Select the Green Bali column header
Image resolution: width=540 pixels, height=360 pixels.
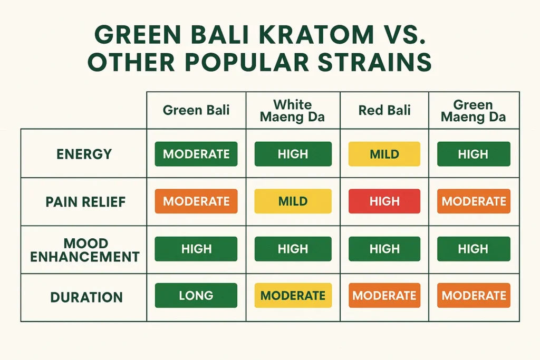coord(196,111)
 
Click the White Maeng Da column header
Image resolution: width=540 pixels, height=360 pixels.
coord(293,111)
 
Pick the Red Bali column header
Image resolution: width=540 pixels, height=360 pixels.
coord(384,111)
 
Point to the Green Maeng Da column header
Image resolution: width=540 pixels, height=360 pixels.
coord(473,111)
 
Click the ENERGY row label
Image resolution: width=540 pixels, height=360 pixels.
coord(84,154)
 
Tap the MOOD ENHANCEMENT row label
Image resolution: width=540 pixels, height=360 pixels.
coord(84,250)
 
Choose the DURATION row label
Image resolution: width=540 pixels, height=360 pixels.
coord(86,297)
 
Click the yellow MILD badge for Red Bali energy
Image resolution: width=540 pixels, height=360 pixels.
coord(384,154)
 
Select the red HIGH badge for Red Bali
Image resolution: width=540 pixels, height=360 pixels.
coord(384,201)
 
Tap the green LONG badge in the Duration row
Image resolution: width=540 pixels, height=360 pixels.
coord(196,296)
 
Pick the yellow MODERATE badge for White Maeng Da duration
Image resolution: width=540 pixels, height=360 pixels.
coord(293,296)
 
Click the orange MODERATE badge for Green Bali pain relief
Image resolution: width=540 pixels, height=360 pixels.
coord(196,201)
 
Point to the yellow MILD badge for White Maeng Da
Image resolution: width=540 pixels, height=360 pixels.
coord(293,201)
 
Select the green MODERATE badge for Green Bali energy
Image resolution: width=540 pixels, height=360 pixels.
coord(196,154)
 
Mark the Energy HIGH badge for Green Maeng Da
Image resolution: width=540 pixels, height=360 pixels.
coord(474,154)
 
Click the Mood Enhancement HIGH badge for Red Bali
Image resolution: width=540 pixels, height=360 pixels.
coord(384,249)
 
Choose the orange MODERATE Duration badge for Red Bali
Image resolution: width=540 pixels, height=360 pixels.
coord(384,296)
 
